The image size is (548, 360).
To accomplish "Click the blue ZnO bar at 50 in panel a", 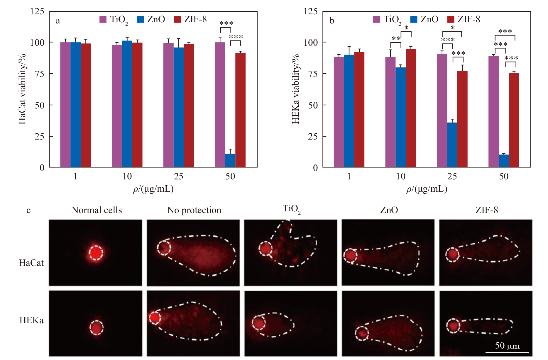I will click(x=230, y=160).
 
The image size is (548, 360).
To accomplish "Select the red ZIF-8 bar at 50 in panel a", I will click(x=241, y=110).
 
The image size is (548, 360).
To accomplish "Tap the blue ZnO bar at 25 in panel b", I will click(x=452, y=145).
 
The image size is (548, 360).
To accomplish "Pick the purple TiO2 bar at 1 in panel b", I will click(x=339, y=112).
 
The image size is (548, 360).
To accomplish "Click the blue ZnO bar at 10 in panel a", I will click(x=127, y=104).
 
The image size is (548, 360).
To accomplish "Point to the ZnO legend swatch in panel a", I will click(x=141, y=19).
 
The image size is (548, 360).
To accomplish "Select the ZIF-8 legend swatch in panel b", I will click(x=451, y=19).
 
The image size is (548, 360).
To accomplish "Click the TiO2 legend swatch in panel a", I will click(x=103, y=19).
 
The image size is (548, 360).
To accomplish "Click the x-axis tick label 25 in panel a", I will click(x=178, y=176).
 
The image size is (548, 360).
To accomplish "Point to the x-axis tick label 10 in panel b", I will click(x=400, y=176).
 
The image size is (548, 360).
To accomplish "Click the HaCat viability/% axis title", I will click(x=23, y=89).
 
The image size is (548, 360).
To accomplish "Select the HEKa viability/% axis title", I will click(x=296, y=89).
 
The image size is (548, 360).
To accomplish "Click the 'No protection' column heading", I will click(x=194, y=210).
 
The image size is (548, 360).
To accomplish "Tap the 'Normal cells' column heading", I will click(x=97, y=210).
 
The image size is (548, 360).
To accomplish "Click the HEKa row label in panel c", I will click(x=31, y=320).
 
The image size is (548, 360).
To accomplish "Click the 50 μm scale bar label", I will click(x=507, y=346).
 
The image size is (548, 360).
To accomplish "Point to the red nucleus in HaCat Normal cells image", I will click(x=96, y=253).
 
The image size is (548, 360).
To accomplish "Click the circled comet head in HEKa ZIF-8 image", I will click(x=453, y=326).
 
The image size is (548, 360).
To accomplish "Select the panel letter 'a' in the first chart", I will click(x=58, y=21).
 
